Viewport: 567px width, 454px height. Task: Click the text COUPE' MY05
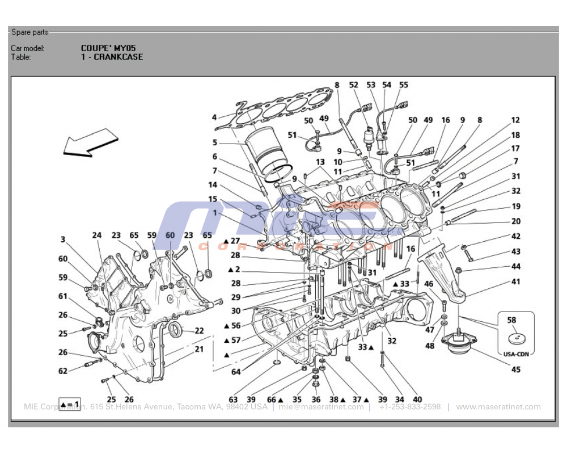pyautogui.click(x=108, y=48)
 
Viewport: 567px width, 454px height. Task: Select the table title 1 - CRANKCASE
pyautogui.click(x=112, y=57)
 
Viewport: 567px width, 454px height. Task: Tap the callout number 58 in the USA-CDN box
pyautogui.click(x=511, y=320)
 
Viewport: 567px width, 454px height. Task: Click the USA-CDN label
pyautogui.click(x=515, y=354)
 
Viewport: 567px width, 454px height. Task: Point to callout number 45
pyautogui.click(x=515, y=370)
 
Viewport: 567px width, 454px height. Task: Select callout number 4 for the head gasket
pyautogui.click(x=214, y=117)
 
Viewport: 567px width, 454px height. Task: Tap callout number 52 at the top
pyautogui.click(x=354, y=85)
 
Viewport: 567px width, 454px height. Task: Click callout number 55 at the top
pyautogui.click(x=403, y=85)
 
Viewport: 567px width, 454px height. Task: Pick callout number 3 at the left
pyautogui.click(x=63, y=239)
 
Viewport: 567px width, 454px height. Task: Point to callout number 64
pyautogui.click(x=235, y=372)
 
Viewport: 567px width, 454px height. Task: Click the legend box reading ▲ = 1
pyautogui.click(x=70, y=405)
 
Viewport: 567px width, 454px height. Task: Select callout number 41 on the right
pyautogui.click(x=515, y=281)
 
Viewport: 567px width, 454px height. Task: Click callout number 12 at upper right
pyautogui.click(x=515, y=120)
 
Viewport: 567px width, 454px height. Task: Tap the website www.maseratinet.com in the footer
pyautogui.click(x=498, y=407)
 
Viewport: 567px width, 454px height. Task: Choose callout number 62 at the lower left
pyautogui.click(x=63, y=371)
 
